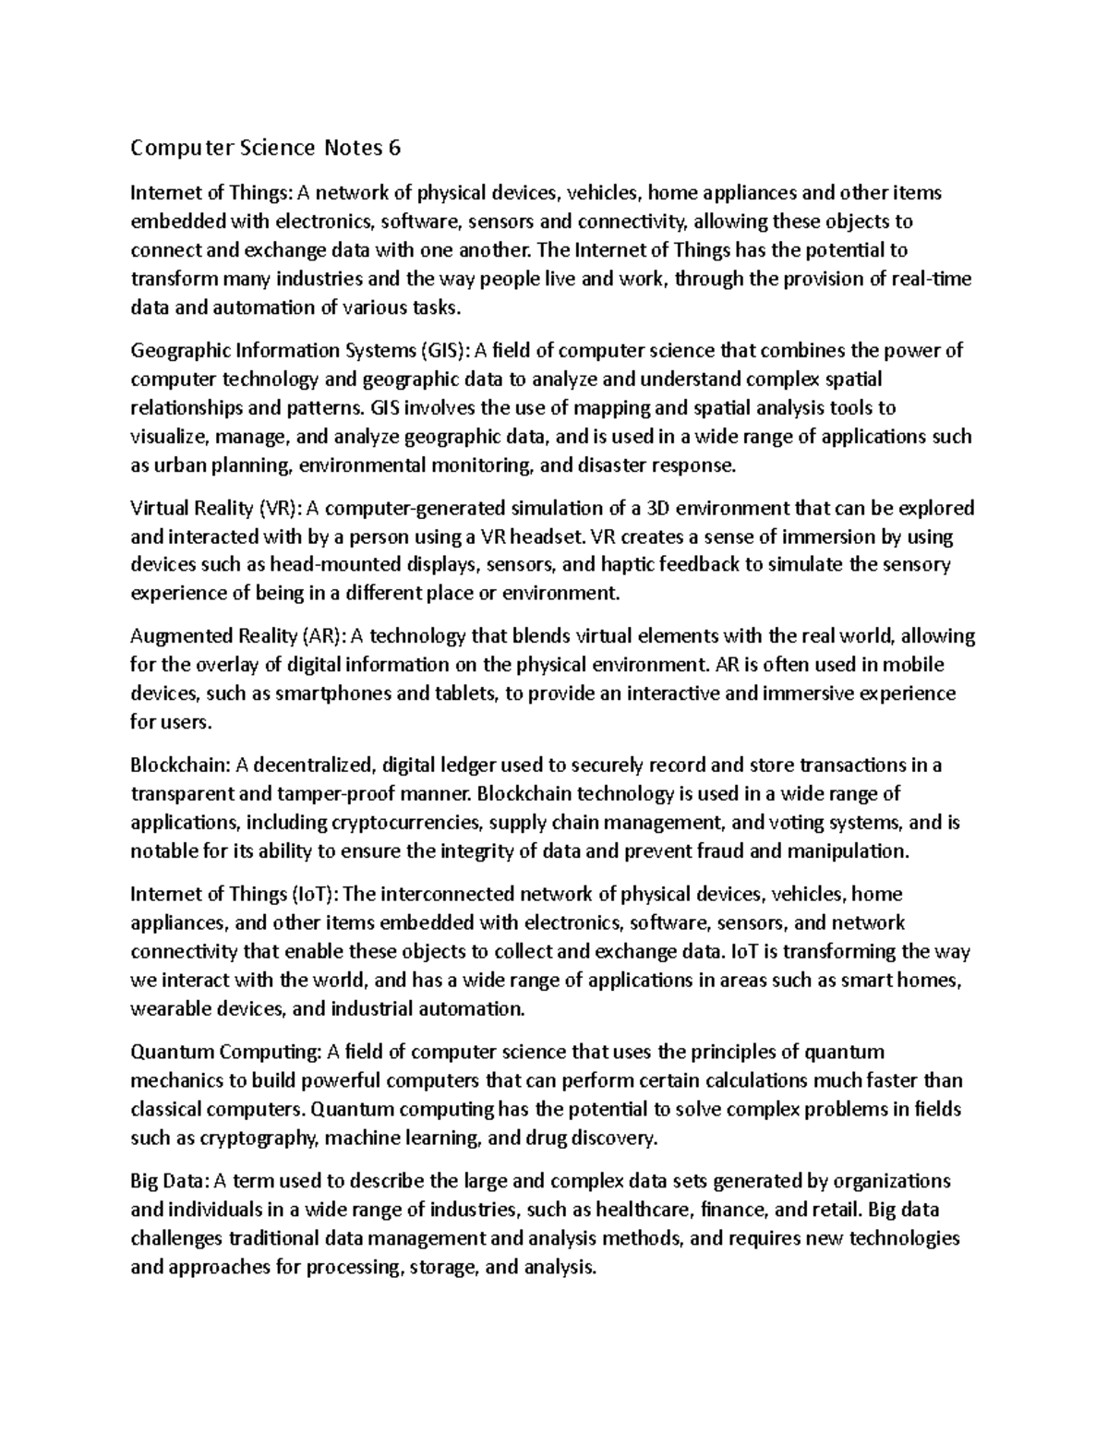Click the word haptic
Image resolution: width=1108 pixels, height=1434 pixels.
pyautogui.click(x=623, y=565)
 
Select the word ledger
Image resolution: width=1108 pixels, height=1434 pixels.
pyautogui.click(x=465, y=765)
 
